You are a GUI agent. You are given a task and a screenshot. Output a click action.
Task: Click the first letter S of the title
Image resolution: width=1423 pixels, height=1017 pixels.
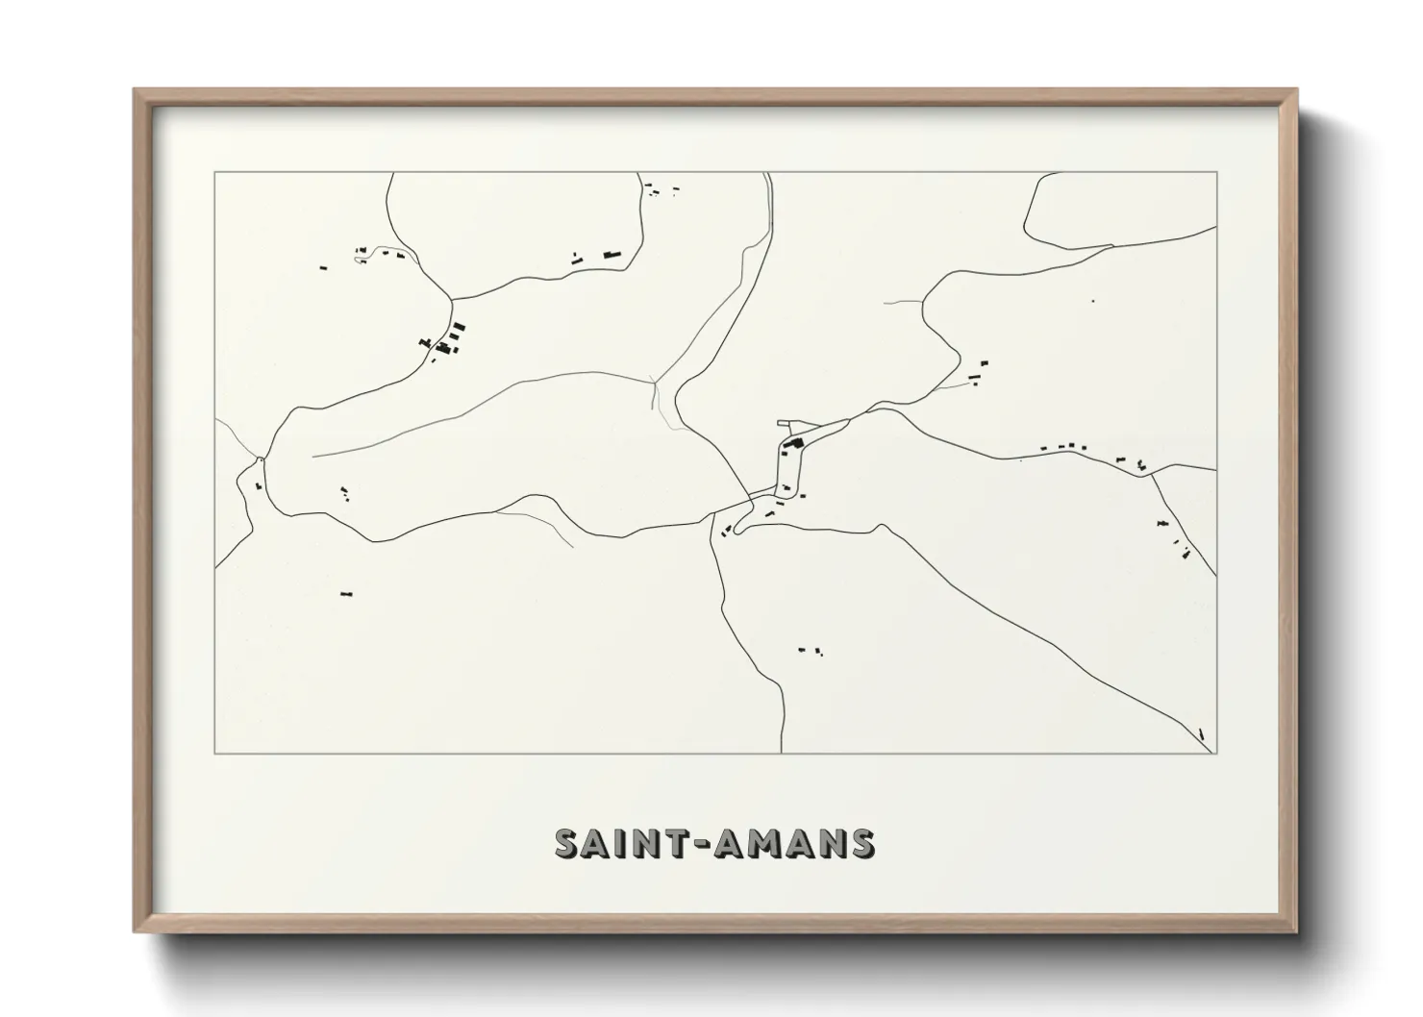tap(569, 843)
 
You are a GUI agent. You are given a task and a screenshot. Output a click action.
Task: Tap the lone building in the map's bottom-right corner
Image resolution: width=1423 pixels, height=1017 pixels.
tap(1202, 734)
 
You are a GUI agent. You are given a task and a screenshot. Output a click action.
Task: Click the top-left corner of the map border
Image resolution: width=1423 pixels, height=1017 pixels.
tap(215, 173)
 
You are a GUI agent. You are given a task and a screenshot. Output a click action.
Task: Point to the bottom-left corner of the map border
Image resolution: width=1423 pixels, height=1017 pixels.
tap(215, 754)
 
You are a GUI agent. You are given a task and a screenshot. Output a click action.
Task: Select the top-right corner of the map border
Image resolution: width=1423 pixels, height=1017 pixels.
tap(1217, 173)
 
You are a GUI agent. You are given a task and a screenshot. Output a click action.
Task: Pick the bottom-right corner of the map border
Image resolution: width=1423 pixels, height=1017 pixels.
tap(1217, 754)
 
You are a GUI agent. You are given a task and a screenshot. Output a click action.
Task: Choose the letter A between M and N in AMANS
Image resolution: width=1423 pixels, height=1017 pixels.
tap(804, 843)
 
